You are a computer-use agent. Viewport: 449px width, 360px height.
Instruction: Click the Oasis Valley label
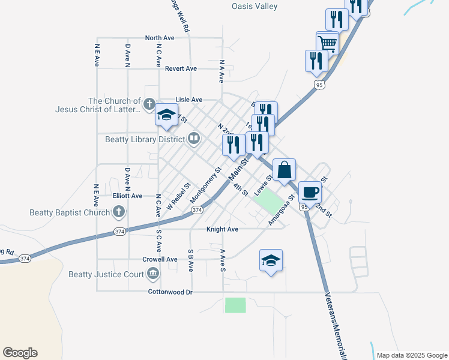(255, 6)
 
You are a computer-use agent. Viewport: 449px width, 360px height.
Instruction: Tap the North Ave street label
(160, 38)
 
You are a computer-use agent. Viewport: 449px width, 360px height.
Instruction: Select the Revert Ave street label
(181, 68)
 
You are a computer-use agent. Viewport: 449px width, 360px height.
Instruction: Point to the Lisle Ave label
(188, 100)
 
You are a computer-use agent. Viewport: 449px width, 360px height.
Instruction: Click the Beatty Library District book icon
(194, 139)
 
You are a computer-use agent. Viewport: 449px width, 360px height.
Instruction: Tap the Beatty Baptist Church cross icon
(119, 212)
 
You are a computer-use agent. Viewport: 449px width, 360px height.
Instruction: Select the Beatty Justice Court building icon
(152, 274)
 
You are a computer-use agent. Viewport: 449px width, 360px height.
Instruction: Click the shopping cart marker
(327, 43)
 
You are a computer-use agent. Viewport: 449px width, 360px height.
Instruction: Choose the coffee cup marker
(310, 192)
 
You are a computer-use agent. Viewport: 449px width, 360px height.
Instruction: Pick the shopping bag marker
(285, 169)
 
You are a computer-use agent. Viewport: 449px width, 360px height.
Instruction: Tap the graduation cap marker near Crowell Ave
(271, 260)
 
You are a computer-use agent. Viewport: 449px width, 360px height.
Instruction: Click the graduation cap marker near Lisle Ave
(166, 115)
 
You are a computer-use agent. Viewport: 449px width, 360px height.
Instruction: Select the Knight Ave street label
(223, 229)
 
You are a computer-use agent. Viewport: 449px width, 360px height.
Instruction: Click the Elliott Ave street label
(128, 196)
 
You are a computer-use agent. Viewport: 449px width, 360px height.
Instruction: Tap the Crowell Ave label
(160, 259)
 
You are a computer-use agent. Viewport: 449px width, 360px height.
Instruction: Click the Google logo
(20, 353)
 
